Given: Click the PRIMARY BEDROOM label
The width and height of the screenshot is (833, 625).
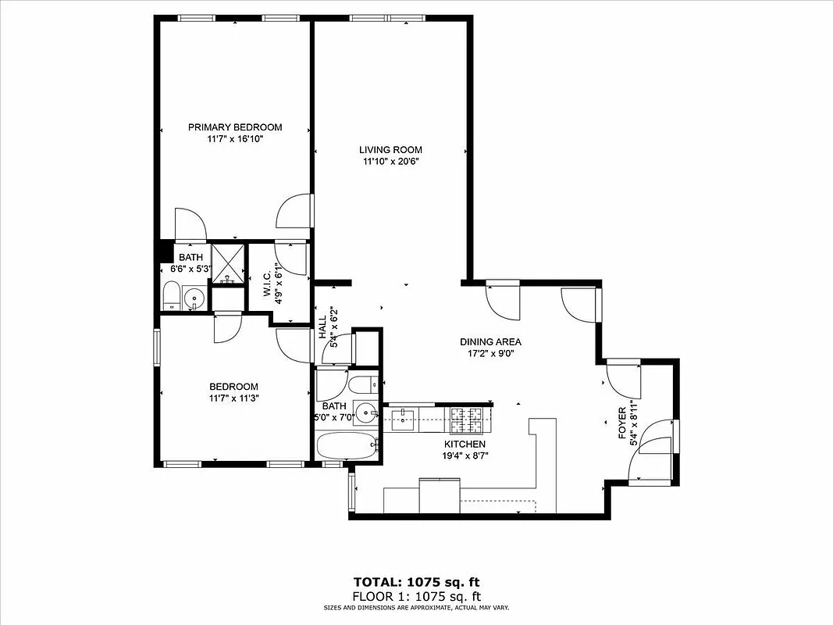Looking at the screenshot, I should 235,127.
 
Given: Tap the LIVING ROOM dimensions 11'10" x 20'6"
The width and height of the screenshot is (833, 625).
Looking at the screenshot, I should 390,162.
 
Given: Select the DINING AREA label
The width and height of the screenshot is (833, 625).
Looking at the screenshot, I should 490,341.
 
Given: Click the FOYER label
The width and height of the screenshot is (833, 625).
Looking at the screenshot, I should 622,423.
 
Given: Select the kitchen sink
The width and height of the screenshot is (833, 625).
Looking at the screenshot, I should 404,420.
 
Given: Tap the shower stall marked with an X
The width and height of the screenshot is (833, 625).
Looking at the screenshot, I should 229,263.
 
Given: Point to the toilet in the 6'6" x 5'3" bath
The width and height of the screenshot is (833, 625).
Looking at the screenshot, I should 172,297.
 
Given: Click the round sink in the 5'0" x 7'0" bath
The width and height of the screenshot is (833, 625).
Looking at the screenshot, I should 365,411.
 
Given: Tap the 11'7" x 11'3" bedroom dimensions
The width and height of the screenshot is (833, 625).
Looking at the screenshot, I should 233,398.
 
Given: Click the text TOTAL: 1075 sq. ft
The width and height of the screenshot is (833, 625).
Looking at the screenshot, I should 416,581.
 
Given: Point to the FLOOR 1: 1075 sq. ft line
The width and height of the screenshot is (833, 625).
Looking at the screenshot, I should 416,595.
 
